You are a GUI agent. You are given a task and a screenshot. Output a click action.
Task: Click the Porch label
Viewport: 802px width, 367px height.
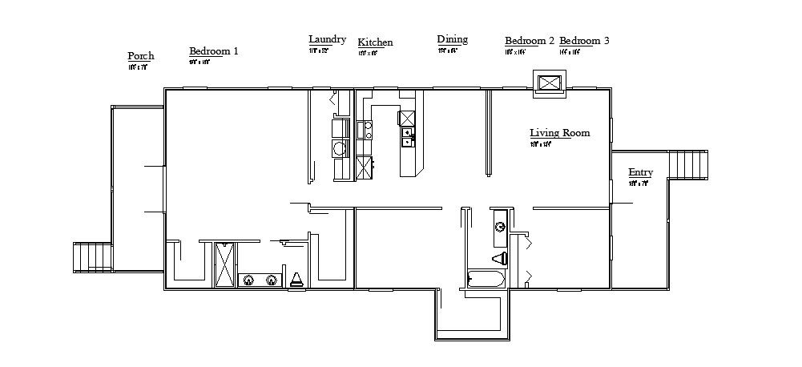pyautogui.click(x=140, y=56)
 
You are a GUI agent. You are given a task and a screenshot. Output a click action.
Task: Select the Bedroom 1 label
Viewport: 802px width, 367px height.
pyautogui.click(x=213, y=50)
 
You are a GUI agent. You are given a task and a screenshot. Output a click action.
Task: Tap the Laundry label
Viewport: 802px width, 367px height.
pyautogui.click(x=327, y=39)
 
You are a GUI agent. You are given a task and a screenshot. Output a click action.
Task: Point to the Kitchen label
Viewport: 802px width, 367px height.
pyautogui.click(x=375, y=42)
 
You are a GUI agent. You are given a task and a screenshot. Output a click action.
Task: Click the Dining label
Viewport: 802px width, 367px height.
pyautogui.click(x=452, y=39)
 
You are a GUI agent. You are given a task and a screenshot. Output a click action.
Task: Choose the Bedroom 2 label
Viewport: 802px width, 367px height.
pyautogui.click(x=529, y=41)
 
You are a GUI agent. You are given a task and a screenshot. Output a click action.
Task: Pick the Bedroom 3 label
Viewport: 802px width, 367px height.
pyautogui.click(x=583, y=41)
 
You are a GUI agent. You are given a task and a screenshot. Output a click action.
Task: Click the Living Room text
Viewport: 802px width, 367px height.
pyautogui.click(x=559, y=133)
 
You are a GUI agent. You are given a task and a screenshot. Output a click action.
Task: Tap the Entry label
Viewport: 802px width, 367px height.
pyautogui.click(x=640, y=172)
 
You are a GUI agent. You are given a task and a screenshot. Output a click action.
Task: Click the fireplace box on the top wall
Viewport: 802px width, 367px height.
pyautogui.click(x=550, y=83)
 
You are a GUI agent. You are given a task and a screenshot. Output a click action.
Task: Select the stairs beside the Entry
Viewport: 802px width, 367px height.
pyautogui.click(x=689, y=164)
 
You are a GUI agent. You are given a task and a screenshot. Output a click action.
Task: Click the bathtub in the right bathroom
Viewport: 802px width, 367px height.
pyautogui.click(x=486, y=280)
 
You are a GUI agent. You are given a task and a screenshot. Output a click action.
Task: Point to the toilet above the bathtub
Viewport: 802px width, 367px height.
pyautogui.click(x=498, y=258)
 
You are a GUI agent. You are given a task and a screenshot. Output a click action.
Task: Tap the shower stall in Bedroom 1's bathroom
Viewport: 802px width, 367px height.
pyautogui.click(x=225, y=263)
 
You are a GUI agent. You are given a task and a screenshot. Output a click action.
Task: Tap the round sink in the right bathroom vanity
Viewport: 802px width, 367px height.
pyautogui.click(x=500, y=226)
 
